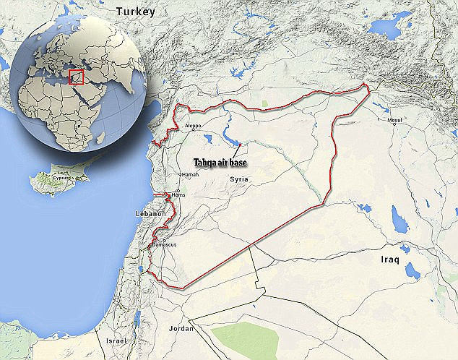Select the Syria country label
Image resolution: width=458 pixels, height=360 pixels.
[239, 178]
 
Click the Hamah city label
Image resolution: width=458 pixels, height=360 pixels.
[189, 174]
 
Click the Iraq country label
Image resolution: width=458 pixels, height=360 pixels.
[394, 258]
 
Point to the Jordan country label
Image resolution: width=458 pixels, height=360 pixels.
[181, 328]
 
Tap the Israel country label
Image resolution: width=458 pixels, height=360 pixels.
[116, 340]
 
